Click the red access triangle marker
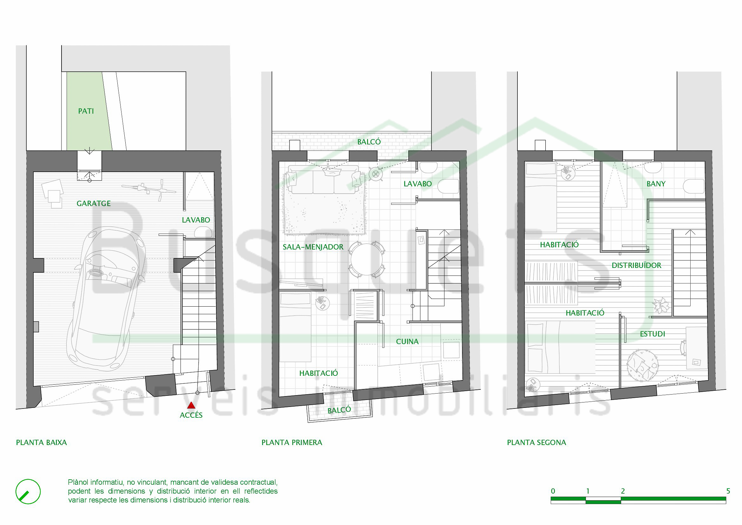[x=191, y=405]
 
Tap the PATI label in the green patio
[x=86, y=111]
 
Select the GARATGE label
[x=94, y=203]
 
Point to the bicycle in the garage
[x=149, y=190]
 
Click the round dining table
[x=366, y=260]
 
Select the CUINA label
[x=407, y=342]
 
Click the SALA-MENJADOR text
[x=313, y=247]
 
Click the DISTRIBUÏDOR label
[x=636, y=265]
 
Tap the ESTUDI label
[x=653, y=334]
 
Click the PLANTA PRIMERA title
[x=292, y=442]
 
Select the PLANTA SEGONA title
[x=536, y=442]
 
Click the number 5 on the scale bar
[x=728, y=491]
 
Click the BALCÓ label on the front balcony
[x=339, y=410]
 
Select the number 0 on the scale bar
[x=553, y=491]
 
